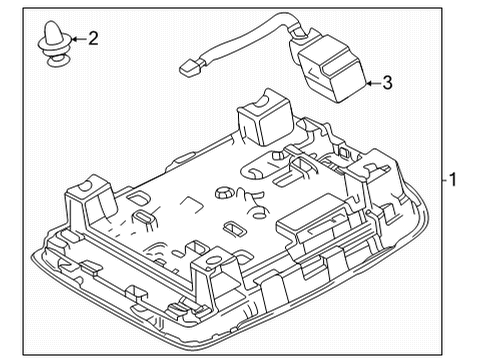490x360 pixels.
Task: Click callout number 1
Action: [453, 181]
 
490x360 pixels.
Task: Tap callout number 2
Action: [93, 39]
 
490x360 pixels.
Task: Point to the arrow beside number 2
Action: [74, 39]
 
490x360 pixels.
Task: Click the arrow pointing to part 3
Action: [369, 84]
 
